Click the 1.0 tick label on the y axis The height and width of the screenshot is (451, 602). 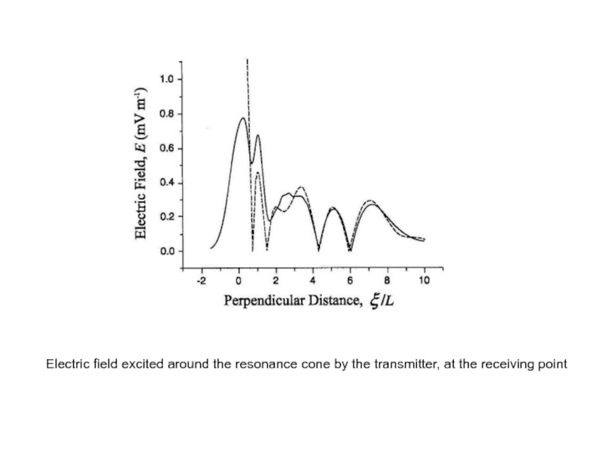tap(166, 79)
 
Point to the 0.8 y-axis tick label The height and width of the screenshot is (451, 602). tap(166, 114)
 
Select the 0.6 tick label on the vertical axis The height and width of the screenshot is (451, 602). tap(166, 149)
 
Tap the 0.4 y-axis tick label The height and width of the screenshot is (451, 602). tap(166, 183)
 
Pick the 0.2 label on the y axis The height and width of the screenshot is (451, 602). tap(166, 217)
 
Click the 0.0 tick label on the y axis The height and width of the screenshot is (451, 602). tap(166, 252)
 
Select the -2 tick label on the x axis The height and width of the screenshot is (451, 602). tap(200, 280)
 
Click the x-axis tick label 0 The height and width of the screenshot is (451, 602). tap(239, 280)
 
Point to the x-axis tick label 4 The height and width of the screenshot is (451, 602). tap(313, 280)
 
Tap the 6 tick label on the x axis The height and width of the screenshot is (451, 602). tap(350, 280)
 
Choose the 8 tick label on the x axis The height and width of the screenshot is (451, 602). tap(388, 280)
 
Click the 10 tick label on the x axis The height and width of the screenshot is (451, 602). tap(424, 280)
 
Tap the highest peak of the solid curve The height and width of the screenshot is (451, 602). tap(242, 118)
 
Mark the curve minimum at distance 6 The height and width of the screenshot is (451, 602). tap(350, 250)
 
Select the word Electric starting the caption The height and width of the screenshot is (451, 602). tap(65, 365)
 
